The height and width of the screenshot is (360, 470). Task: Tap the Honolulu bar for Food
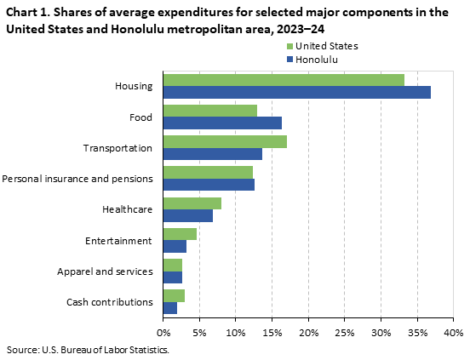(x=222, y=123)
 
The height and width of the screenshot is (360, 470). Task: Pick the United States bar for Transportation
(x=225, y=141)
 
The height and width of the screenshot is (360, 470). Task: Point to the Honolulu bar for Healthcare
(x=187, y=215)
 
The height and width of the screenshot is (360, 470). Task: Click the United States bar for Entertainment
(x=180, y=234)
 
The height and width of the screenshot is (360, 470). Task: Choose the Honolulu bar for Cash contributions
(x=169, y=308)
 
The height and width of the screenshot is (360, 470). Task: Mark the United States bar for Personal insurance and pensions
(x=208, y=173)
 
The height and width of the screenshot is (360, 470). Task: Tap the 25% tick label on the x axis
(x=344, y=332)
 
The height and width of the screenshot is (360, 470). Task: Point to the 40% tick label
(x=453, y=332)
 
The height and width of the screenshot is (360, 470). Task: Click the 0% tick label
(x=163, y=332)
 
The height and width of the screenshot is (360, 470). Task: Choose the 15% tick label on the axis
(x=272, y=332)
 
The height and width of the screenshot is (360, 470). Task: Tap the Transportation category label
(x=117, y=148)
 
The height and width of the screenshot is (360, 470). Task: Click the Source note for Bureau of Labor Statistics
(x=88, y=350)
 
